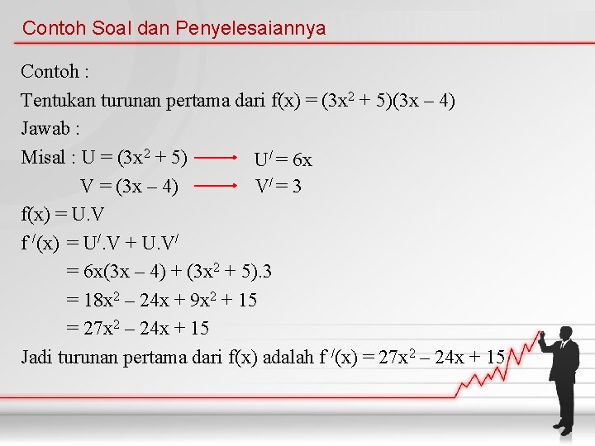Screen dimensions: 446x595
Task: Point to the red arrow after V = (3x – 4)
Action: click(221, 186)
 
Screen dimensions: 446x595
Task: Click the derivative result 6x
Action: click(302, 159)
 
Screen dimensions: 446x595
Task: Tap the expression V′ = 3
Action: click(278, 187)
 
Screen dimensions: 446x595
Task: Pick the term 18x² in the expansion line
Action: click(104, 300)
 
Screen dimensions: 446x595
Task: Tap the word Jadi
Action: click(37, 357)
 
